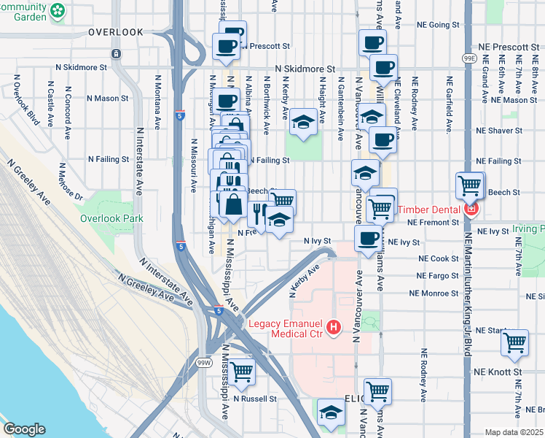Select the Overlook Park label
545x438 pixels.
pos(111,218)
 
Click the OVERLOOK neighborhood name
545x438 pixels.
pos(116,32)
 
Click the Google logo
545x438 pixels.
pos(24,429)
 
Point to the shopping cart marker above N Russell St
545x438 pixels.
pos(241,370)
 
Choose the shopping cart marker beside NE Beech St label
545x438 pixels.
pos(470,185)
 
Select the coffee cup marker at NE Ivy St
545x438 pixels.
pos(368,237)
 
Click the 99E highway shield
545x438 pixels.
pos(470,58)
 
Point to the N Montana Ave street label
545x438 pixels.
pos(157,91)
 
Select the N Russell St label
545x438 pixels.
pos(255,399)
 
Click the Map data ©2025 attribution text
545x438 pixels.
pos(514,432)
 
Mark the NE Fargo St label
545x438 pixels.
pos(438,276)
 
